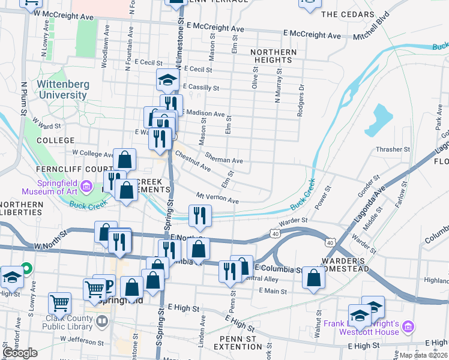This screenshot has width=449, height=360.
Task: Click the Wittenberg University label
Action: (x=62, y=89)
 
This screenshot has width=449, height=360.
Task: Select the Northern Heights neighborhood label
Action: (x=273, y=56)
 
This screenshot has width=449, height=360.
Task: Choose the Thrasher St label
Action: (x=393, y=149)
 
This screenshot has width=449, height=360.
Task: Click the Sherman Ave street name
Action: (x=223, y=157)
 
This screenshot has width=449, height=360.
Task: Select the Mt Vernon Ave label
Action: (x=217, y=197)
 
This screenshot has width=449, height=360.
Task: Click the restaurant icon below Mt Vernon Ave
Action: (x=200, y=216)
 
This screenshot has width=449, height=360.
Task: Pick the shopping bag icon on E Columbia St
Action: (x=313, y=278)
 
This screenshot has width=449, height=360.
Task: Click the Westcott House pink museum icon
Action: (x=409, y=326)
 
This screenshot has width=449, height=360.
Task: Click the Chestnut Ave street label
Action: (x=193, y=160)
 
